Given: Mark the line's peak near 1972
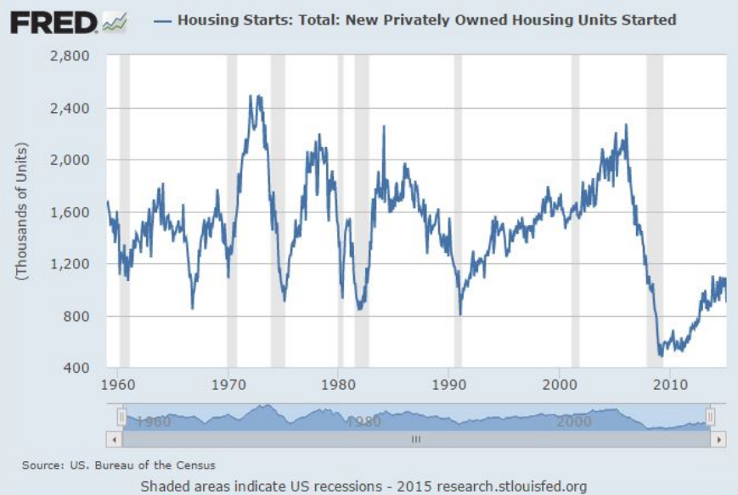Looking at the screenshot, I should click(253, 97).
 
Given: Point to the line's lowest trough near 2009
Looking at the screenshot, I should click(661, 355).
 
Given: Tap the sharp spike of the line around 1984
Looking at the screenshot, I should click(383, 127).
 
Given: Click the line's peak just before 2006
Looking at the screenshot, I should click(626, 126).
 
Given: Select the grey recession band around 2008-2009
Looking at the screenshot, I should click(655, 212).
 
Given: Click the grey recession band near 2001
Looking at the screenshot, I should click(575, 212).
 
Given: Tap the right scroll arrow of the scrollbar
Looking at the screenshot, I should click(719, 440).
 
